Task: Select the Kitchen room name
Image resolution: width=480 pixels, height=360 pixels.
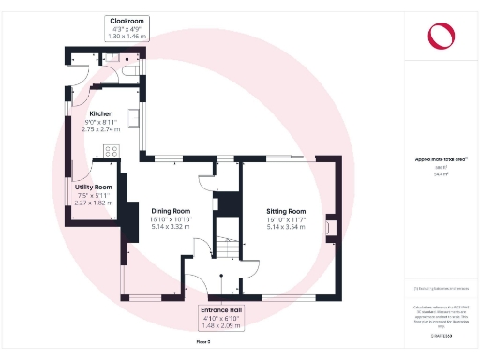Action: click(100, 113)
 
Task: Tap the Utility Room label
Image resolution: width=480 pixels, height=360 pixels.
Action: click(94, 187)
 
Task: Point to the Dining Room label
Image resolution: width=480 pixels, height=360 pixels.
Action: click(171, 211)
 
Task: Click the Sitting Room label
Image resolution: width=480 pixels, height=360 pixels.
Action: click(286, 211)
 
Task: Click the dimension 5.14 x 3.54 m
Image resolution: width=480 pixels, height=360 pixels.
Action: click(286, 227)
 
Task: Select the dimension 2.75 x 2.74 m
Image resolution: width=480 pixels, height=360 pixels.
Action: click(100, 129)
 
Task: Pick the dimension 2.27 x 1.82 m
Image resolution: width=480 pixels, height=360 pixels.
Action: click(94, 202)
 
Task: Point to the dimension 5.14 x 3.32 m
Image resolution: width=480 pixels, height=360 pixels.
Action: click(171, 227)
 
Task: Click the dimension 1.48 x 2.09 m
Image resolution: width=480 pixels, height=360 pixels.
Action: click(222, 326)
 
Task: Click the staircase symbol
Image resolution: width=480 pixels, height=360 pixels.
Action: click(228, 248)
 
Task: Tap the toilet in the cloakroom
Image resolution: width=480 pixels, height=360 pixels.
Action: click(127, 68)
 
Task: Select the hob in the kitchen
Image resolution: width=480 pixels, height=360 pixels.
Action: click(133, 120)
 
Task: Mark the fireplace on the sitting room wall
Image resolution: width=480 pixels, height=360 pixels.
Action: click(328, 226)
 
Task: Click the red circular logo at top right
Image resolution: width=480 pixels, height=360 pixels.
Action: click(439, 36)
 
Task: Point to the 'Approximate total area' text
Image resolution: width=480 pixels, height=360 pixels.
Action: click(439, 159)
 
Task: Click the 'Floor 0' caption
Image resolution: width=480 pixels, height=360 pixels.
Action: click(202, 342)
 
